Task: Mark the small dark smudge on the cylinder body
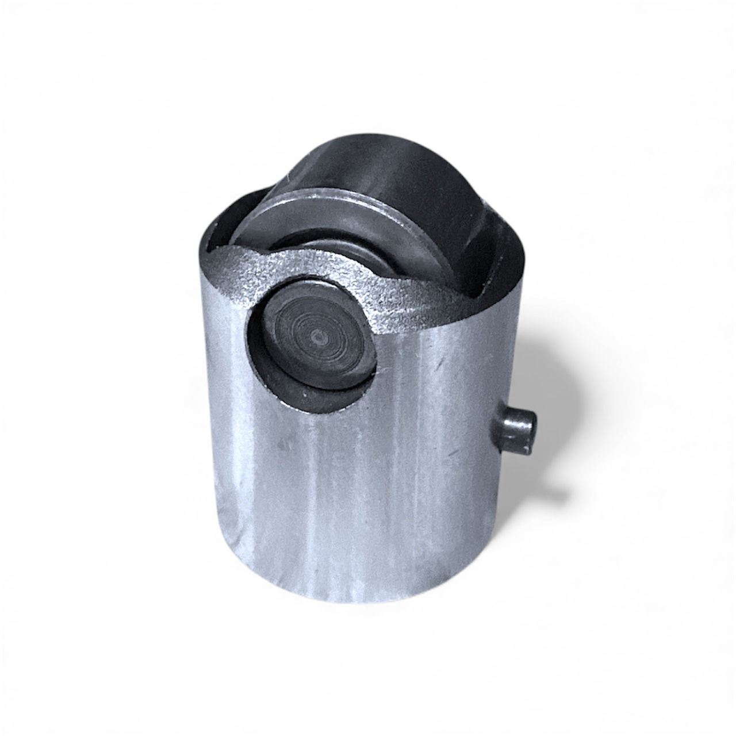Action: pyautogui.click(x=282, y=444)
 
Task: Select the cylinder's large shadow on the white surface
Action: pyautogui.click(x=546, y=374)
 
